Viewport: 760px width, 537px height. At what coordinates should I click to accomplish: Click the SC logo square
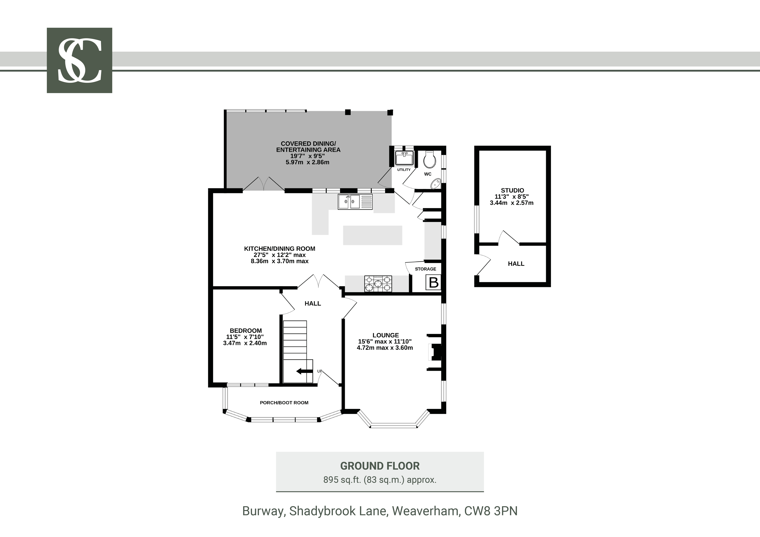coord(79,60)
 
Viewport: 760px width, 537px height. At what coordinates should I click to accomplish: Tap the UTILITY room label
coord(404,170)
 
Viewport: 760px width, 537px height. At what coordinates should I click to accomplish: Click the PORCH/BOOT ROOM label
coord(284,403)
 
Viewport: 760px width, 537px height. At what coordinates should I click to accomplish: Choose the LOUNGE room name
coord(386,335)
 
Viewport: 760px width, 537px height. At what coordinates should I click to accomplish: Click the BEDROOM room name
coord(246,331)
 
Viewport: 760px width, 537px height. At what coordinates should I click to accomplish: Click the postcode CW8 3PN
coord(491,511)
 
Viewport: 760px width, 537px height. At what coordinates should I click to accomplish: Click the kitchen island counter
coord(372,235)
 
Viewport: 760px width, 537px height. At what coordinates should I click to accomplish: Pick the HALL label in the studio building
coord(516,264)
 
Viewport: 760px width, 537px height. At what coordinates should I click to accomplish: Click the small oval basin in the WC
coord(436,183)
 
